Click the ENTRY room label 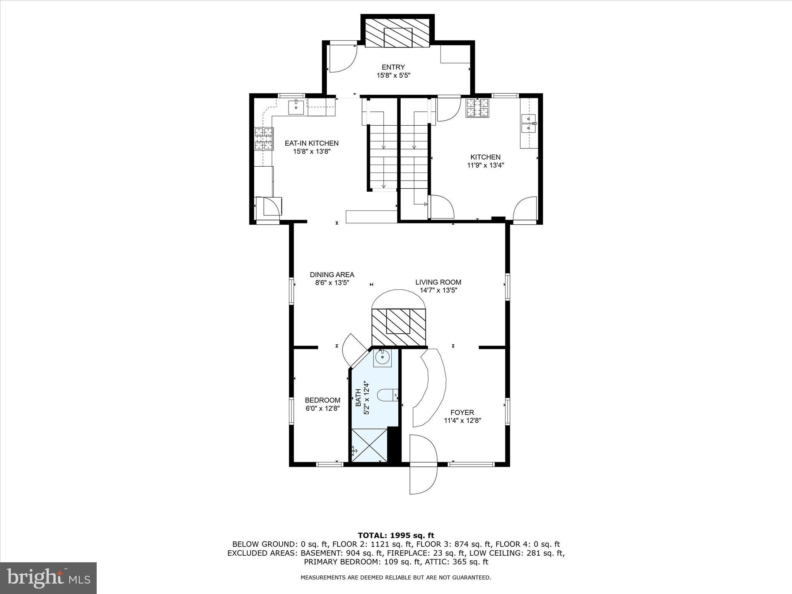tap(393, 67)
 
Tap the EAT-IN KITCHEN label tap(312, 143)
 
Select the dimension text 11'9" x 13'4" tap(485, 165)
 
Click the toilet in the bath tap(387, 396)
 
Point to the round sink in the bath tap(382, 357)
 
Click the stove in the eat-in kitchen tap(264, 138)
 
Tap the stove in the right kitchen tap(477, 108)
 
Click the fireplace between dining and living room tap(398, 327)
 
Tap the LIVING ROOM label tap(438, 282)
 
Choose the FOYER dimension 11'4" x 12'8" tap(462, 421)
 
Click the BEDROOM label tap(323, 400)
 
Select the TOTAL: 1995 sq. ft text tap(396, 536)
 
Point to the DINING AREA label tap(332, 275)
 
